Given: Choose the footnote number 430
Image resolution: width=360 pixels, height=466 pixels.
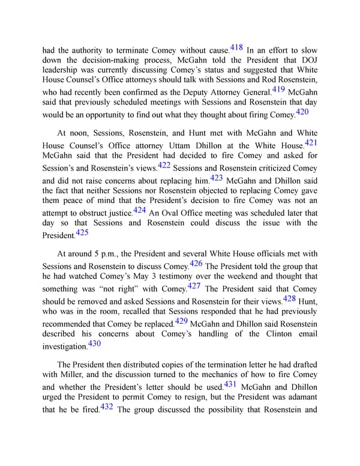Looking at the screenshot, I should coord(95,343).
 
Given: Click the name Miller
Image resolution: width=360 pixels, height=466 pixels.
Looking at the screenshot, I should coord(76,377).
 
